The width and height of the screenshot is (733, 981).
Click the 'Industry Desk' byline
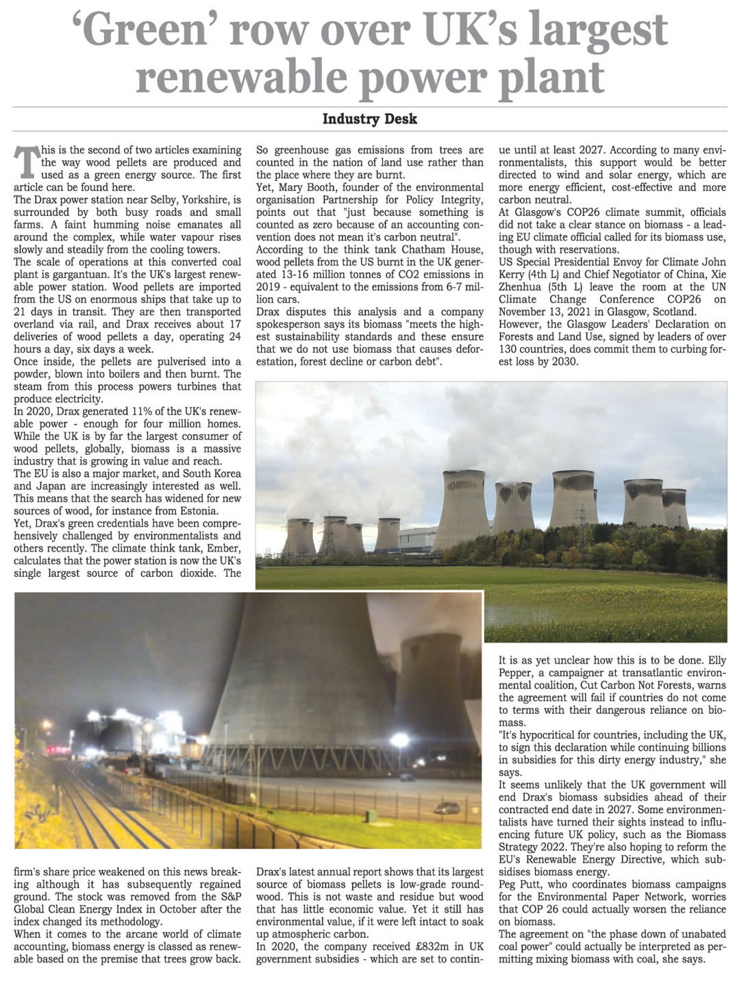tap(369, 119)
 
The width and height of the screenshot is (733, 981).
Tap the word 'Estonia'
tap(198, 511)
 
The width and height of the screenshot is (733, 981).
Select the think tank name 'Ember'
tap(223, 548)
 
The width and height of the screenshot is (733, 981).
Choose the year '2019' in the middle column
tap(269, 286)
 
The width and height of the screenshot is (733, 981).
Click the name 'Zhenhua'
tap(520, 286)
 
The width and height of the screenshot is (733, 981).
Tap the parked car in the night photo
tap(446, 809)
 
